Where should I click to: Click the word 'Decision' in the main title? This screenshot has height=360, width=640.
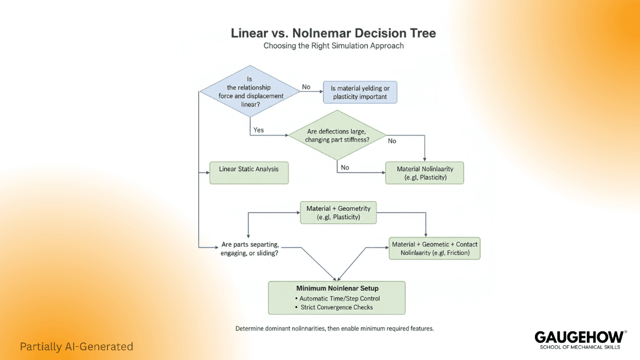(x=376, y=33)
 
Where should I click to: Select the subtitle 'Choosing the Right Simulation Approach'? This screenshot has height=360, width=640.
(x=333, y=46)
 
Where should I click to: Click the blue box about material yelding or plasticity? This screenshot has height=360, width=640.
(x=359, y=92)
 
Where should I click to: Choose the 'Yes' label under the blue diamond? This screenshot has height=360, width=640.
(x=258, y=130)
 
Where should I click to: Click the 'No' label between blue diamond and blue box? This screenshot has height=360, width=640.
(x=306, y=87)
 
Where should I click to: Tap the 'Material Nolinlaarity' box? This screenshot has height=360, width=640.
(x=424, y=173)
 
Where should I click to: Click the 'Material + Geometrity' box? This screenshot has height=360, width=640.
(x=338, y=213)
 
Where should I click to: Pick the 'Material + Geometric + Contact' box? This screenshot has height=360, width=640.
(x=434, y=249)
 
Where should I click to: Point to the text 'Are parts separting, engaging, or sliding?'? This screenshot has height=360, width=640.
(x=250, y=249)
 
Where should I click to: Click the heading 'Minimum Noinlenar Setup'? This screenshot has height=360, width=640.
(x=337, y=288)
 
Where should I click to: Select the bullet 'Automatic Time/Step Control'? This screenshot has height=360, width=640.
(x=340, y=298)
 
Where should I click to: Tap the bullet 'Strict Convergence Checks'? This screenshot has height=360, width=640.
(x=337, y=307)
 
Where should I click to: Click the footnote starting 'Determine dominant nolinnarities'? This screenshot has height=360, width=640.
(x=334, y=329)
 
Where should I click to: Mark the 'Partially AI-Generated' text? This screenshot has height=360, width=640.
(x=76, y=347)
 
